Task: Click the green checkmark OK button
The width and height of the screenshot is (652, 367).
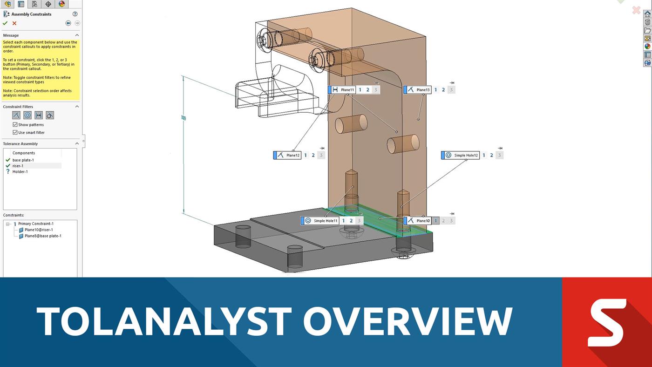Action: pos(5,23)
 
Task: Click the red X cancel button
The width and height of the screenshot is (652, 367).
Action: pos(14,23)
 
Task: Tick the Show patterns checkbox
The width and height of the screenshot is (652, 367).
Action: pos(15,125)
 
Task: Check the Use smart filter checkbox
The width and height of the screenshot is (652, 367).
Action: pos(15,132)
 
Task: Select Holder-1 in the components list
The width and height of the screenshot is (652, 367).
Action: pos(20,171)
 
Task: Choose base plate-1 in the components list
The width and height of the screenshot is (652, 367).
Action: pos(23,160)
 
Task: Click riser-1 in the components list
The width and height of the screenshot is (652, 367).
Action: pos(18,166)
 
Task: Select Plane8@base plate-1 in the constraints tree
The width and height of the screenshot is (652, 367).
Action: pos(43,236)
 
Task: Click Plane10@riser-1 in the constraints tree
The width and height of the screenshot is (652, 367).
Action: pos(39,230)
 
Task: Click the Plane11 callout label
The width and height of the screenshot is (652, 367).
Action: pos(347,90)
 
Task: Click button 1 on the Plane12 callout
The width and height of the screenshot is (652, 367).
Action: pos(306,155)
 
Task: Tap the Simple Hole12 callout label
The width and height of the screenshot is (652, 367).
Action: pos(466,155)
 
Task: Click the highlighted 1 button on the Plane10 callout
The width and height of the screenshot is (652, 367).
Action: pos(436,221)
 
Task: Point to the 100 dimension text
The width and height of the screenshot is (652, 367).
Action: pos(183,118)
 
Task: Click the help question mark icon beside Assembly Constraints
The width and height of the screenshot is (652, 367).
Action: pos(75,14)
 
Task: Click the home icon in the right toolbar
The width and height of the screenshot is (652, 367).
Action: pos(647,14)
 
